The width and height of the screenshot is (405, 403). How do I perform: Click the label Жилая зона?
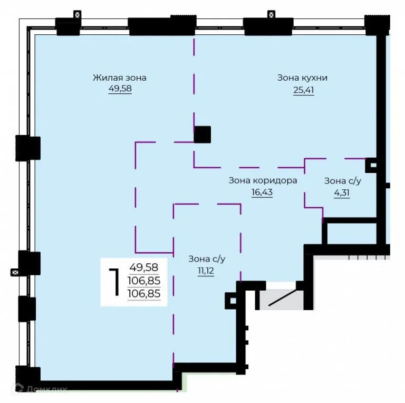point(120,78)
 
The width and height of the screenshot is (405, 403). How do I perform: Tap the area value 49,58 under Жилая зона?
point(120,88)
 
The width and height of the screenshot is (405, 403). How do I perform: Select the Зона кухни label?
point(302,78)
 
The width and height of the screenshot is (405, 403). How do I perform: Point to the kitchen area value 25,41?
point(304,90)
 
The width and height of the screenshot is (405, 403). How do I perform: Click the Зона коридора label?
point(263,180)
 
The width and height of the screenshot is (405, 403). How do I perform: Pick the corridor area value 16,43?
point(262,192)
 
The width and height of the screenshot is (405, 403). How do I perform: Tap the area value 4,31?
point(342,193)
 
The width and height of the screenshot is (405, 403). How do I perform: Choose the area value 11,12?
point(206,271)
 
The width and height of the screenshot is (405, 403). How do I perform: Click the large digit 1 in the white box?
point(114,282)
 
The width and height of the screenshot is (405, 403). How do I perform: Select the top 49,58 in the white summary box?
point(144,267)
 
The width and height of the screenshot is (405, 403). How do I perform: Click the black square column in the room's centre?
point(202,135)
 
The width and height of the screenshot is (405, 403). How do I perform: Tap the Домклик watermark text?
point(47,389)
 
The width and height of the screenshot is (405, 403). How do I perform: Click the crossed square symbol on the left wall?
point(15,272)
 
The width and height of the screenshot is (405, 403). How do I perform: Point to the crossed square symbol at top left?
point(77,15)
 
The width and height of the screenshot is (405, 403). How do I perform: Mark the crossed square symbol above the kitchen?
point(271,15)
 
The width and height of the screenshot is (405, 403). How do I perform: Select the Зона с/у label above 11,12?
point(207,259)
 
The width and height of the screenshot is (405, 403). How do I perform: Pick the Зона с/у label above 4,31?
point(342,181)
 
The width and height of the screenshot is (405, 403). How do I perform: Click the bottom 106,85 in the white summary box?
point(144,294)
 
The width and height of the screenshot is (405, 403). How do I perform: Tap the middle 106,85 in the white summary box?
point(144,281)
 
